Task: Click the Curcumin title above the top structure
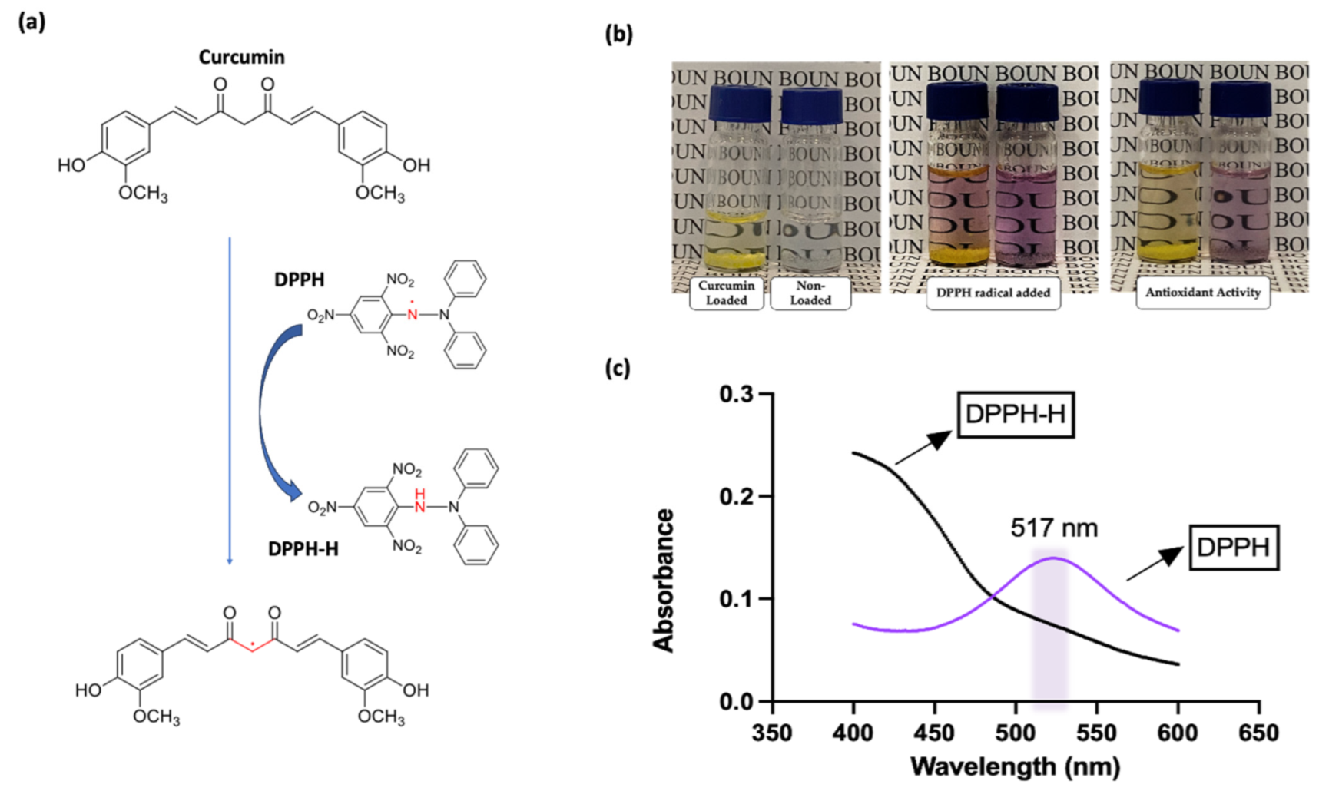241,58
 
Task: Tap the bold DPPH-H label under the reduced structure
303,549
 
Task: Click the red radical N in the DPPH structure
413,314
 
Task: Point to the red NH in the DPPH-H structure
419,502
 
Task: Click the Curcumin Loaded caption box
726,293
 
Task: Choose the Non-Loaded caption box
810,293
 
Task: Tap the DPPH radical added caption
993,293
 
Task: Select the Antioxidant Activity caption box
1202,293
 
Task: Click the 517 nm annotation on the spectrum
1054,528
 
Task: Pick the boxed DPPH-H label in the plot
1015,414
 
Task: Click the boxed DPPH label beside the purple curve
1233,548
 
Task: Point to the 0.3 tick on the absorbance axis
735,394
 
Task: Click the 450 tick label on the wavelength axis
934,733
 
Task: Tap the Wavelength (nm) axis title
1015,766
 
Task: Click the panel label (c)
617,369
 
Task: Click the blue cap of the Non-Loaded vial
810,105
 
